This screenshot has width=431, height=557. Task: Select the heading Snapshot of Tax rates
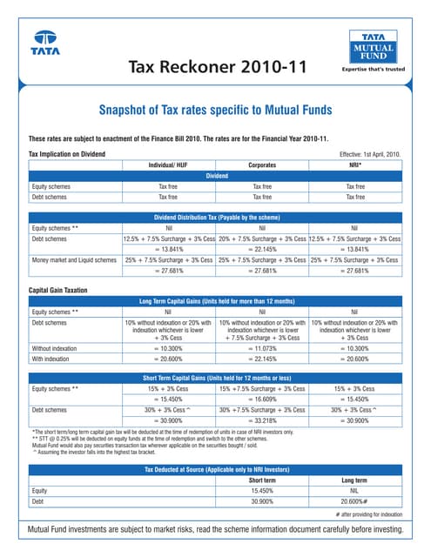[215, 111]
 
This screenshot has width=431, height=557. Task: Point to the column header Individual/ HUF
[168, 164]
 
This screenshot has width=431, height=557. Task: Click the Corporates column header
[262, 164]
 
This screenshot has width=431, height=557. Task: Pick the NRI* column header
[355, 164]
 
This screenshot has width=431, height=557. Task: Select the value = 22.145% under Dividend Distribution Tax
[262, 248]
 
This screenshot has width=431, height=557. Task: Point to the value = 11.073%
[262, 347]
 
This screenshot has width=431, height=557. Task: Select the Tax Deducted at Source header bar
[215, 470]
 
